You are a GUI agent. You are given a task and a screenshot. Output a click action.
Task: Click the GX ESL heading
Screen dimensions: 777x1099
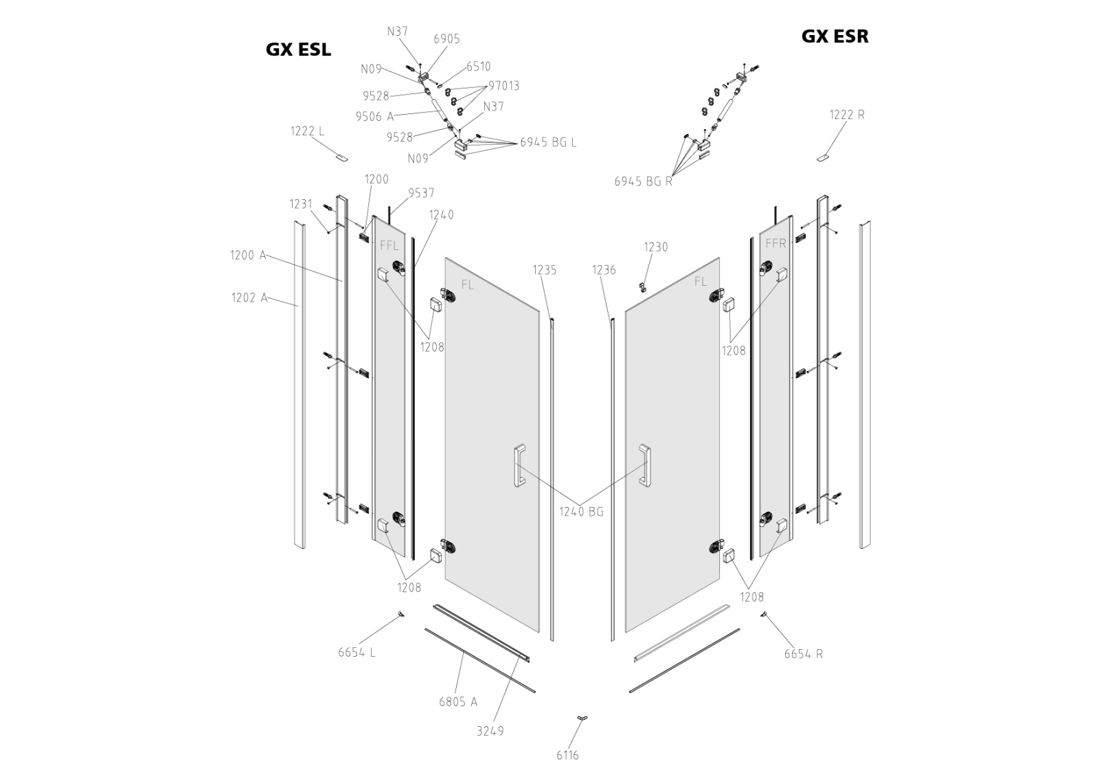click(298, 49)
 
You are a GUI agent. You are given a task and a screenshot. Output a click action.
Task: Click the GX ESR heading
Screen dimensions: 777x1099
click(835, 36)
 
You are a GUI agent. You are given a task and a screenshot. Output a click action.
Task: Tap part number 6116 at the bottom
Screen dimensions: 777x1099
click(567, 755)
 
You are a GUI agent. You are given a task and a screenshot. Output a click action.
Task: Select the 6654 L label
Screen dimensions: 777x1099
click(356, 652)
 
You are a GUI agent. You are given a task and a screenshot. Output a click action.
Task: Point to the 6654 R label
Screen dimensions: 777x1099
click(803, 653)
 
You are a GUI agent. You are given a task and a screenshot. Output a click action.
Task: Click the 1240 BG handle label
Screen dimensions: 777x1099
click(580, 511)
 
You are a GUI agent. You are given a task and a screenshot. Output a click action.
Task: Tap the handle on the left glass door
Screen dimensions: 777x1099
click(519, 466)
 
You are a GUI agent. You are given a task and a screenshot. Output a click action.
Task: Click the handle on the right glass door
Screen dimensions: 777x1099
click(645, 466)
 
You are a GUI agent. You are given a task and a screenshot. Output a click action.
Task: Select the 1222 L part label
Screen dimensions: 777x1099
click(307, 131)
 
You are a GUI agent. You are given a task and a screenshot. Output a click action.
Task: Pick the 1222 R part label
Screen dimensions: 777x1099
click(847, 115)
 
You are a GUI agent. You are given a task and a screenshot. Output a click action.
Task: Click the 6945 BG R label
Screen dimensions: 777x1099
click(643, 181)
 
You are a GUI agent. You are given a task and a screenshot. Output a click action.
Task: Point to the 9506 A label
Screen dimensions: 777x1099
click(374, 117)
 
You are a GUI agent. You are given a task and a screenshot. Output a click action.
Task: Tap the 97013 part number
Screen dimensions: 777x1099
click(503, 86)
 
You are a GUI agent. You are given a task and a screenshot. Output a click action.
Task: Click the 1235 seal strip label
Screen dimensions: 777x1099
click(545, 270)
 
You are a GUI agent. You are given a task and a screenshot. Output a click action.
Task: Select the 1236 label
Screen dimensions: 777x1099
click(604, 270)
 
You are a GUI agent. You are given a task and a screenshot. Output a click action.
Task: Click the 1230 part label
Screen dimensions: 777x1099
click(655, 247)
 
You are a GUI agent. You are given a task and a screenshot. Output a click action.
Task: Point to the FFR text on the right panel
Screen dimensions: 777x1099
click(775, 243)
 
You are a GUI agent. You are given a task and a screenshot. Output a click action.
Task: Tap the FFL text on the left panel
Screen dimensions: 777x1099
click(389, 245)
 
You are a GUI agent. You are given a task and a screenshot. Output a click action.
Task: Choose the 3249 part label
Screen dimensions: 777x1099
click(490, 731)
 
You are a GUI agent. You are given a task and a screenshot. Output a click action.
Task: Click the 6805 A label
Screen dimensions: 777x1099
click(457, 701)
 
